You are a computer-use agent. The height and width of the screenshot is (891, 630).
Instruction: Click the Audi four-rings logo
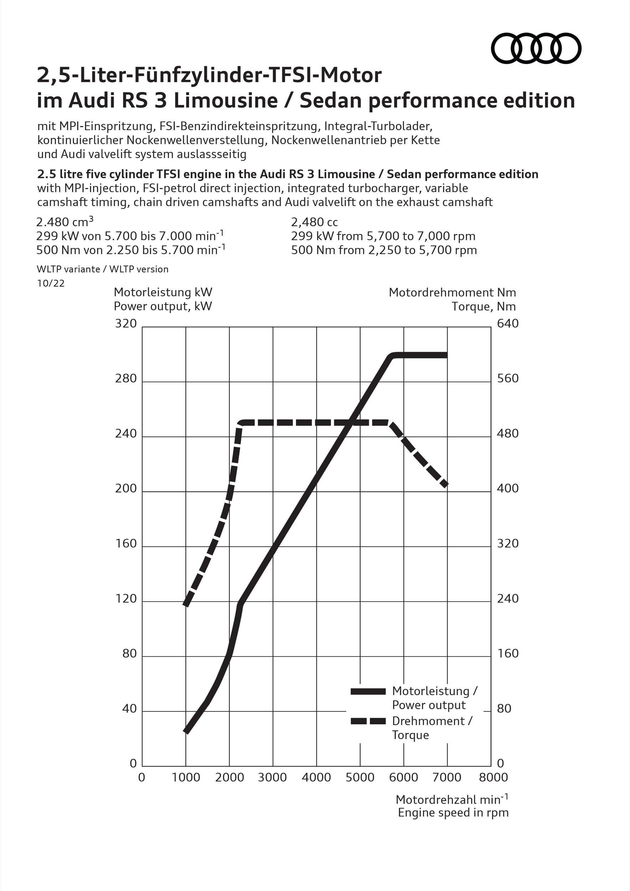[536, 48]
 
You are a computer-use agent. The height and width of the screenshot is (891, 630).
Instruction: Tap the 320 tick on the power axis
[126, 324]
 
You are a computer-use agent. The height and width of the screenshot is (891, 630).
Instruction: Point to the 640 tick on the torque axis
[508, 324]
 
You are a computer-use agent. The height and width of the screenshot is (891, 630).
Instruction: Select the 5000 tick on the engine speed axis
[360, 777]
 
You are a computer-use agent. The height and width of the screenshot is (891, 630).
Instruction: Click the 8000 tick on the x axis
[491, 777]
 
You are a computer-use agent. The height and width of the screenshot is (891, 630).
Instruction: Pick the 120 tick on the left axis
[126, 599]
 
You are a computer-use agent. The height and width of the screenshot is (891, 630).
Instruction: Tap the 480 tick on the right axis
[508, 433]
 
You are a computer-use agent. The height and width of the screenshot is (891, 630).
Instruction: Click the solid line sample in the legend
[368, 691]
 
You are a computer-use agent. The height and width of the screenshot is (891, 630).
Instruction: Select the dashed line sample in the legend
[368, 721]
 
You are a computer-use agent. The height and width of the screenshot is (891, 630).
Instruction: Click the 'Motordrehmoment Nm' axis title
[452, 292]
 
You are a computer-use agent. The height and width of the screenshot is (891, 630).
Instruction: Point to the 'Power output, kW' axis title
[163, 306]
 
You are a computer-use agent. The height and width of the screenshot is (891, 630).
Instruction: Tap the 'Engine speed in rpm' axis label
[453, 813]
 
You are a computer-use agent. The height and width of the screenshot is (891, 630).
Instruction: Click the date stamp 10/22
[51, 283]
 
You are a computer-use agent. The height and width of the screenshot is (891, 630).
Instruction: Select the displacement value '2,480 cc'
[315, 222]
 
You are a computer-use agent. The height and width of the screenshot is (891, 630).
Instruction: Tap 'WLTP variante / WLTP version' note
[103, 269]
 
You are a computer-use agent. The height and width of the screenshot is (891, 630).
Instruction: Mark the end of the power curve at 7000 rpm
[447, 355]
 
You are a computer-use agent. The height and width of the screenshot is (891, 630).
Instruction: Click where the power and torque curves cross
[350, 423]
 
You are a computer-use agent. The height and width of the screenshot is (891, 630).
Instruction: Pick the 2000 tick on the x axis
[229, 777]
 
